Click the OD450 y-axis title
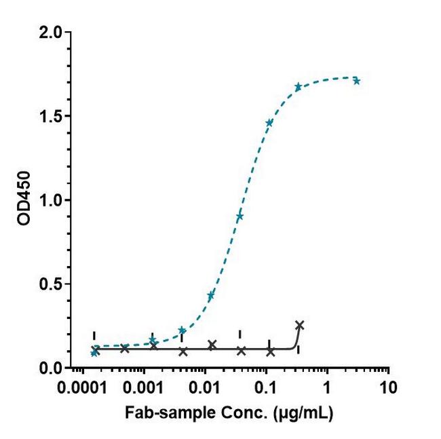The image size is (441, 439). coord(28,201)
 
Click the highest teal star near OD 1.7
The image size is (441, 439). coord(357,81)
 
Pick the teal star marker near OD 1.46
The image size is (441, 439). coord(269,123)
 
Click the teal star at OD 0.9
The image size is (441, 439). coord(239,217)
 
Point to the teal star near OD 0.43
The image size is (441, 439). coord(211,295)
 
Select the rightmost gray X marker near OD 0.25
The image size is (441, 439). coord(300,324)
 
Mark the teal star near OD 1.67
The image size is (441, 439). coord(299,87)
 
